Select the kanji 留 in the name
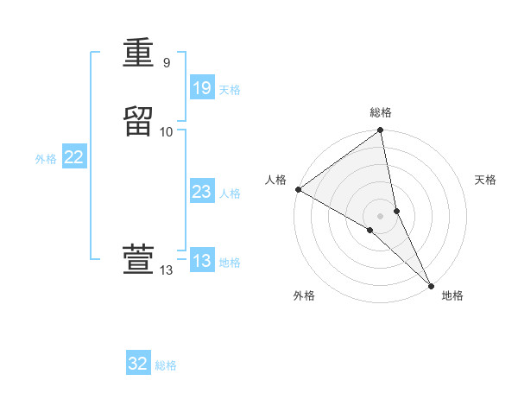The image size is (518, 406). point(139,121)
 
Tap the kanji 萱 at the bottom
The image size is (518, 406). point(139,259)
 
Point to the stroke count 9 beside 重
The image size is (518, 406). point(166,62)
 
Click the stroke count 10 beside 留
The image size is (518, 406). point(167,131)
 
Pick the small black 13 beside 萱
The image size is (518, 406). point(166,270)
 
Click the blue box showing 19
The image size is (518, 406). point(201,88)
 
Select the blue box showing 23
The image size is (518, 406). point(201,192)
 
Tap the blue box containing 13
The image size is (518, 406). point(201,261)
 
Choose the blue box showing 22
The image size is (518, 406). point(73,157)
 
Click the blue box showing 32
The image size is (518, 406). point(138,364)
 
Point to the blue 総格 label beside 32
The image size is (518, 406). point(166,365)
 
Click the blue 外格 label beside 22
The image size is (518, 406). point(46,159)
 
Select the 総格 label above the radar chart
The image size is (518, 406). point(380,112)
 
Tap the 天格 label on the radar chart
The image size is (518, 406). point(485,180)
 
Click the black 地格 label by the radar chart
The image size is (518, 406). point(452,295)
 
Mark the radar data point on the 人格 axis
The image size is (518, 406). point(298,189)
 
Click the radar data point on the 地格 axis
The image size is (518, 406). point(431,285)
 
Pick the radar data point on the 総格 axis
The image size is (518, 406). point(380,131)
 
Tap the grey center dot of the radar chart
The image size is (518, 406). point(380,215)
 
